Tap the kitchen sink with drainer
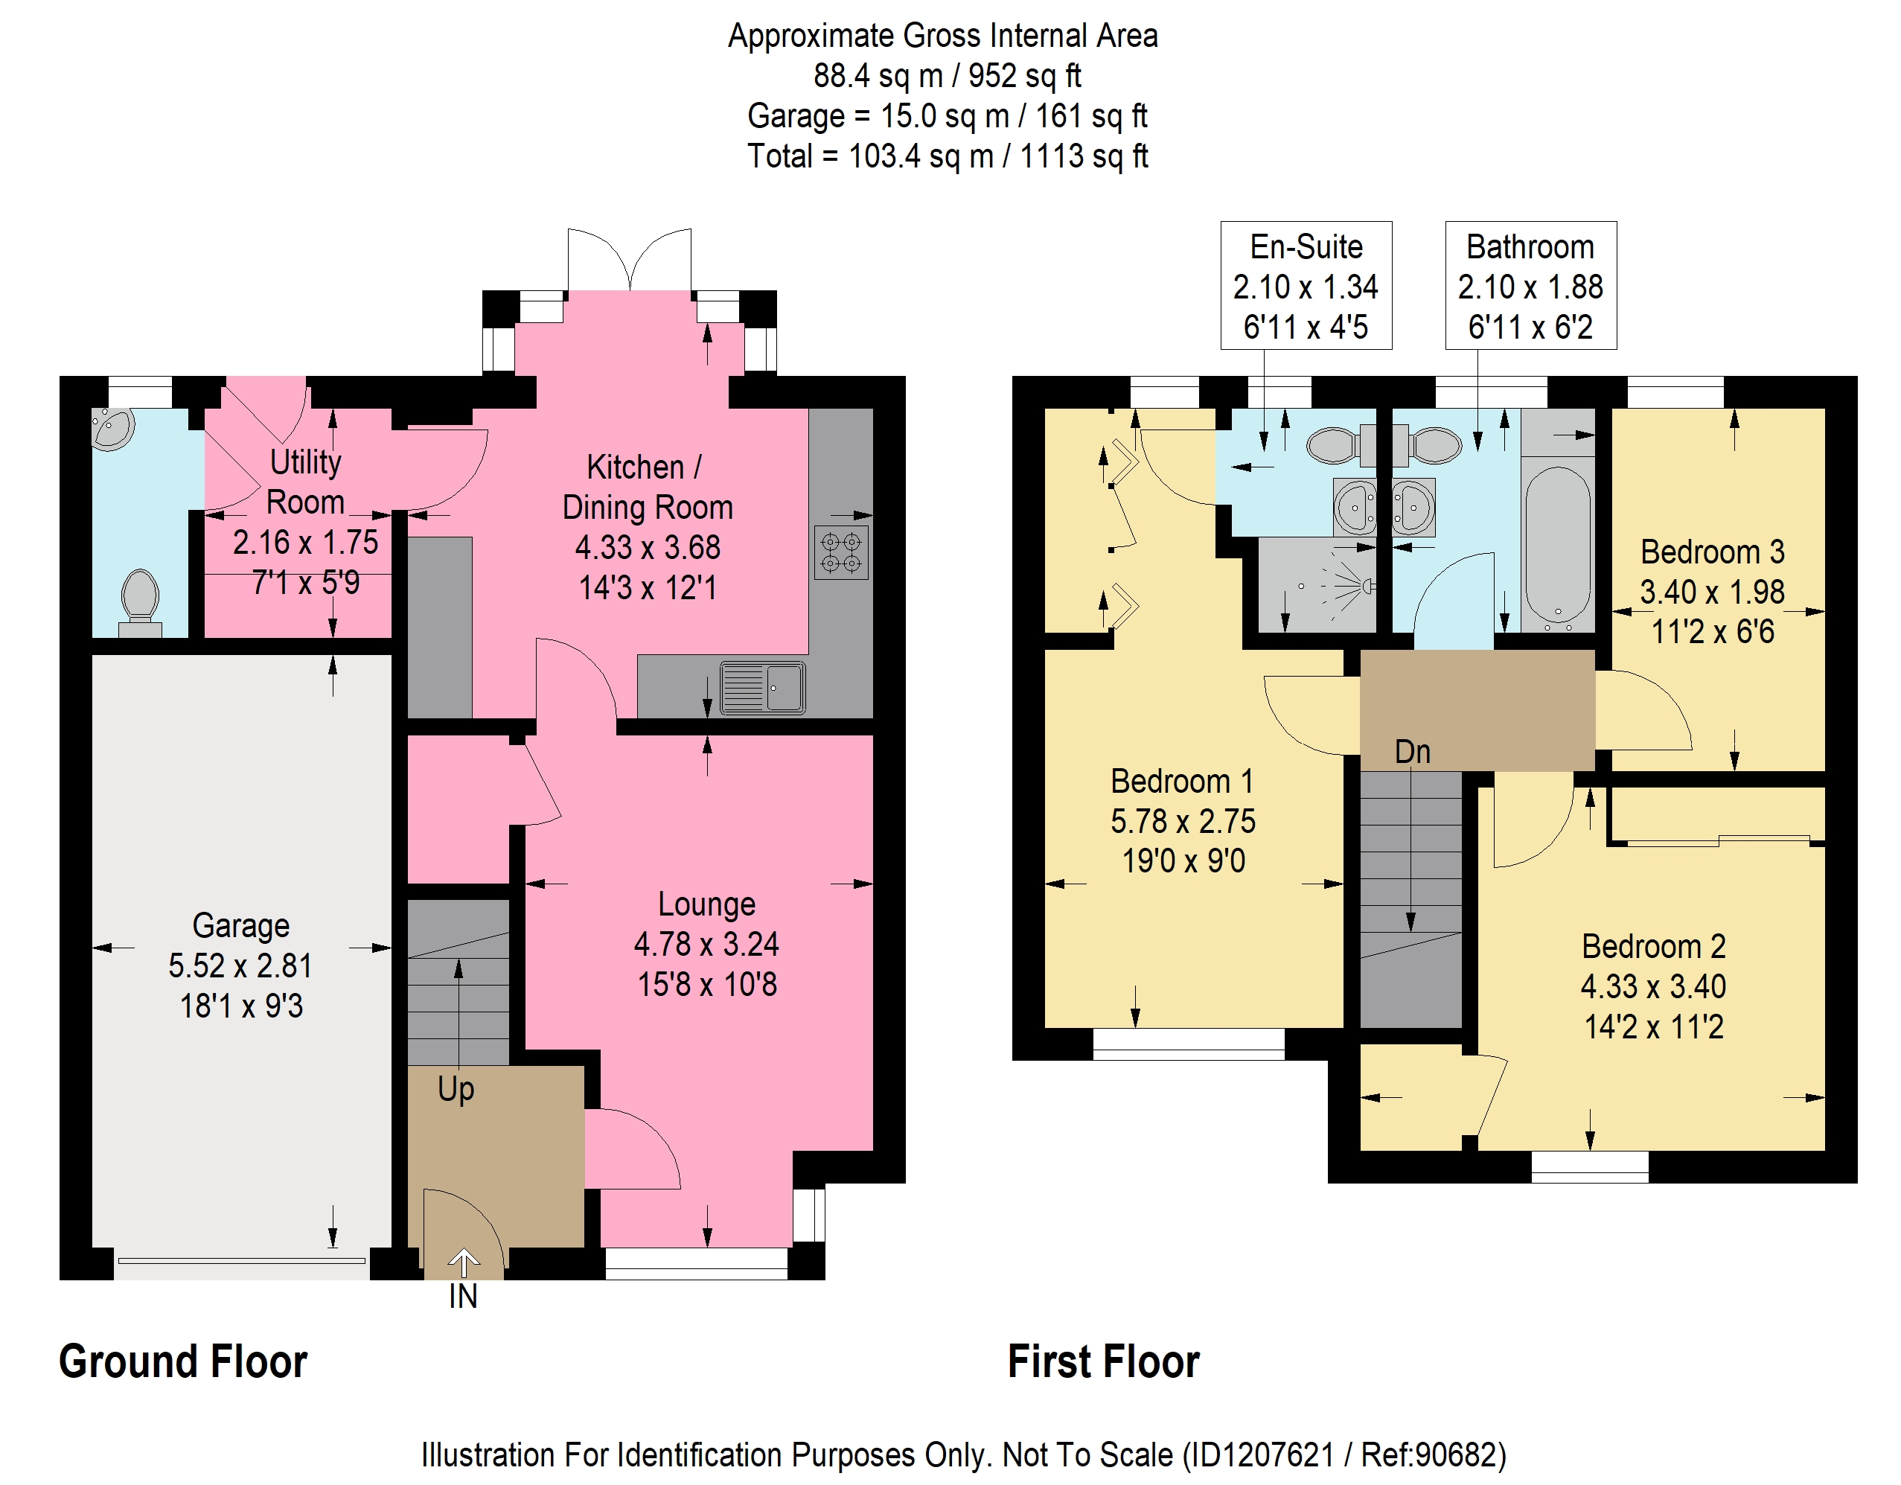[x=762, y=688]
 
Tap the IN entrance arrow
[x=463, y=1262]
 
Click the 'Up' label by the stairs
[x=456, y=1089]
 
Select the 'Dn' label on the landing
[x=1412, y=751]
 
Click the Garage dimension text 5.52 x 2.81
[x=240, y=965]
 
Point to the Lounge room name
[x=707, y=904]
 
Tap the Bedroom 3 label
[x=1712, y=552]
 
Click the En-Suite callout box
[x=1306, y=286]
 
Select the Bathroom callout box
[x=1530, y=286]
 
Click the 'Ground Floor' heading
[x=183, y=1361]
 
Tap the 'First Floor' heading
[x=1104, y=1361]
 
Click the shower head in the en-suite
[x=1367, y=586]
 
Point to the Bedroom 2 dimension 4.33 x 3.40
[x=1653, y=986]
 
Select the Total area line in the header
[x=948, y=156]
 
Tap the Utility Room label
[x=304, y=482]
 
